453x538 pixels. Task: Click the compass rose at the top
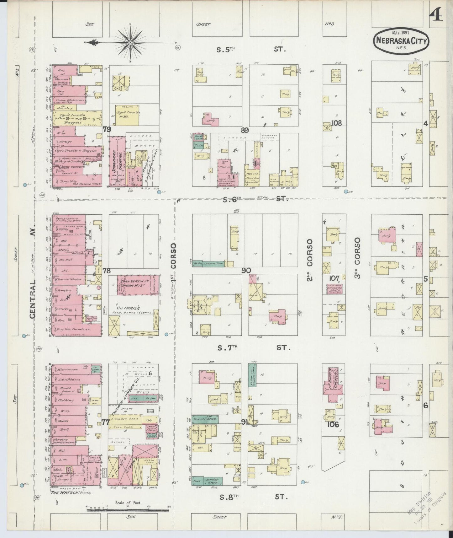130,42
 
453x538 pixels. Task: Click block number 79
107,129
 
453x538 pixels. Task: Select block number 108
337,123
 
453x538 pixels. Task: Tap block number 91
245,422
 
